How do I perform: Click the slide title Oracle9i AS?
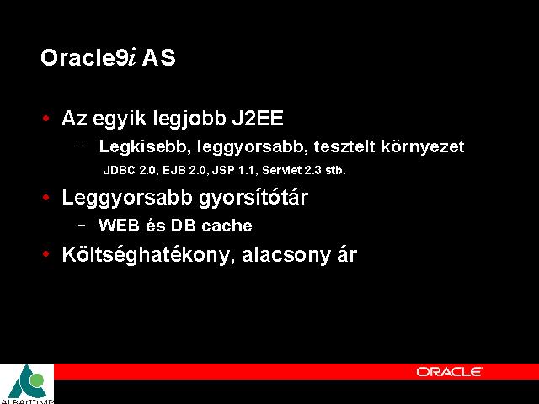(x=108, y=57)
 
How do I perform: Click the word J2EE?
(x=258, y=118)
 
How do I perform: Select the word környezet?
(x=423, y=147)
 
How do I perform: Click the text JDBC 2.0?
(x=130, y=170)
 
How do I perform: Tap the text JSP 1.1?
(x=233, y=170)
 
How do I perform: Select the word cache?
(x=227, y=226)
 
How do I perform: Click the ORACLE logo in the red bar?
(x=449, y=372)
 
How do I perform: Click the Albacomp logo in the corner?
(x=27, y=384)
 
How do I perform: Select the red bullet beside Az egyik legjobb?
(x=45, y=119)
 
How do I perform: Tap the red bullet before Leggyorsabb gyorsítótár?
(x=45, y=198)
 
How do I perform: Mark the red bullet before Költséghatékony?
(x=45, y=254)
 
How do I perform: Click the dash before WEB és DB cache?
(x=82, y=226)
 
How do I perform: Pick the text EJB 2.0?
(x=184, y=170)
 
